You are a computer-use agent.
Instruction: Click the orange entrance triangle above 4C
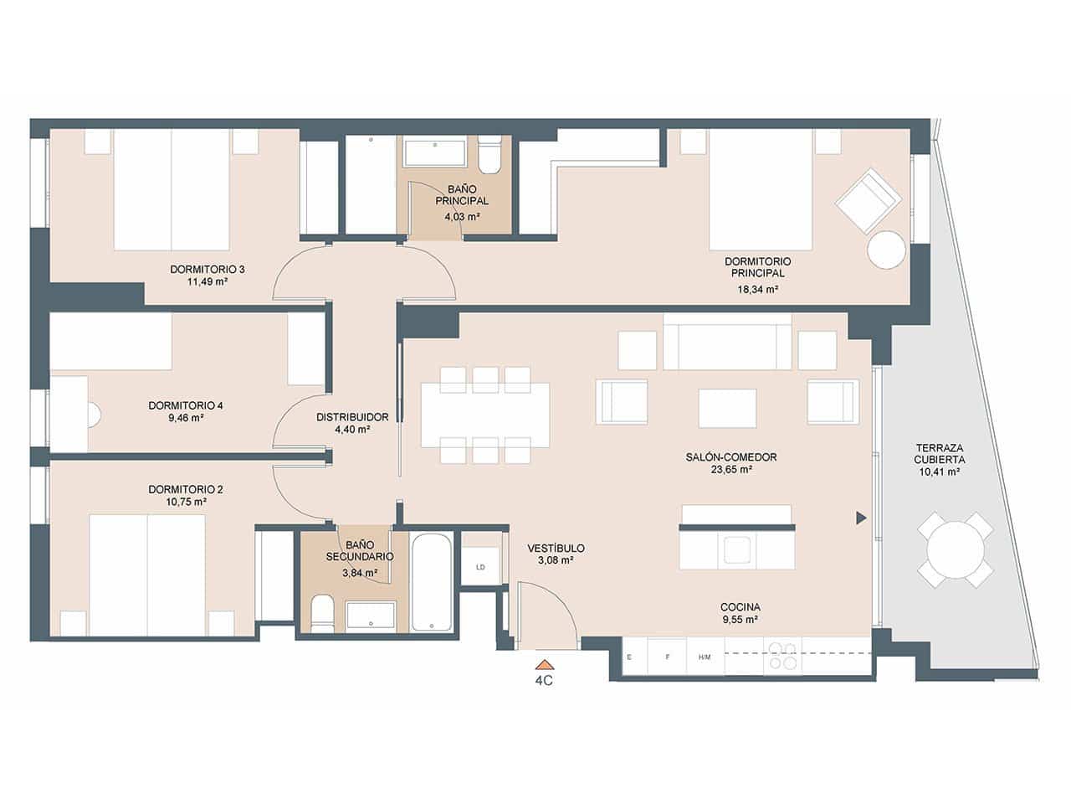[x=544, y=663]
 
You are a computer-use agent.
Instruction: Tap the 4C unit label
[x=544, y=681]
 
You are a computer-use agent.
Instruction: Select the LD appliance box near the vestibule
[x=481, y=567]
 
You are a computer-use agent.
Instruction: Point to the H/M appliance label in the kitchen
[x=705, y=657]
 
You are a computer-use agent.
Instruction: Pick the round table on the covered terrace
[x=955, y=550]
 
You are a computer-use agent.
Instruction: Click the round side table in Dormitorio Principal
[x=886, y=250]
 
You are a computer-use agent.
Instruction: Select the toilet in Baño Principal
[x=489, y=153]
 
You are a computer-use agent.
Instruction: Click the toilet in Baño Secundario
[x=321, y=614]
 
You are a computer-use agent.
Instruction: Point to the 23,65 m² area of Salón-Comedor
[x=730, y=471]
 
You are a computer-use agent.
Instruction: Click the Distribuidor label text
[x=352, y=416]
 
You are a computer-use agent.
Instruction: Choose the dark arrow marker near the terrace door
[x=860, y=518]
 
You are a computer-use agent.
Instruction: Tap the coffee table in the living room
[x=727, y=408]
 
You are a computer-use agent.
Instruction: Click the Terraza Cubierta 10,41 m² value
[x=939, y=472]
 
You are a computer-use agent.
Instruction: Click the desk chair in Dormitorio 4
[x=94, y=415]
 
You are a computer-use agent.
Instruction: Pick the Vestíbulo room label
[x=556, y=549]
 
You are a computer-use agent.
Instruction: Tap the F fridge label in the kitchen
[x=667, y=657]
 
